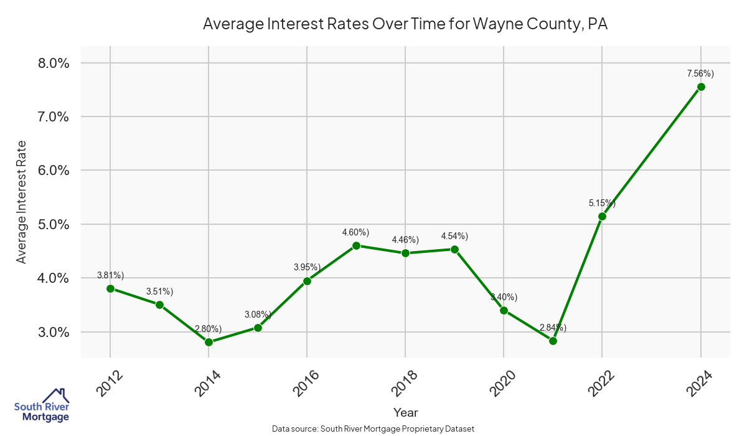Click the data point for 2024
point(701,87)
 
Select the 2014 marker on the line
point(209,342)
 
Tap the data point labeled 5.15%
point(602,216)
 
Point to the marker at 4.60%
point(356,245)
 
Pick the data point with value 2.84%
point(553,341)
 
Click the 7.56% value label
point(700,73)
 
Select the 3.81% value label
point(111,275)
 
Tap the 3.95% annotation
point(307,267)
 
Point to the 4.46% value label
point(405,240)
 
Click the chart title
point(405,25)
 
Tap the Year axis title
point(405,412)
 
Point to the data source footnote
point(374,429)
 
